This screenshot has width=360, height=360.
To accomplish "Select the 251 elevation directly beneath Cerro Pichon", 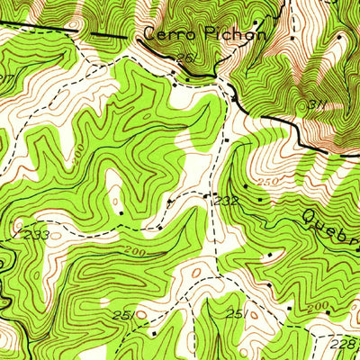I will click(185, 58).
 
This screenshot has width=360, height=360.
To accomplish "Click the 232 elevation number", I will click(227, 201).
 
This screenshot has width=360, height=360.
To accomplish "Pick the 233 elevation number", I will click(36, 235).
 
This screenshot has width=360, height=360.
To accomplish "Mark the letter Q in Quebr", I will click(310, 214).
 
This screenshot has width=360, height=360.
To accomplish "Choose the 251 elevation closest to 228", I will click(238, 313).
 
